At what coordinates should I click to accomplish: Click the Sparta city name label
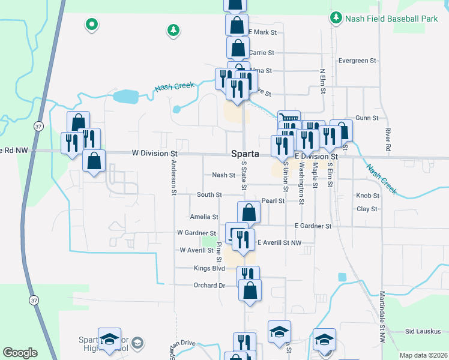click(245, 154)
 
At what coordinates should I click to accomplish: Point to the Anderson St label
click(173, 178)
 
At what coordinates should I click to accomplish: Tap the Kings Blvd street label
click(209, 268)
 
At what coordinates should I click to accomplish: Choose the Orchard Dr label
click(209, 285)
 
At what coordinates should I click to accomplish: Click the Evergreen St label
click(357, 61)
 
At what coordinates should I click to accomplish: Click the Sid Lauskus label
click(423, 331)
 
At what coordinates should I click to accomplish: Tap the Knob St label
click(367, 196)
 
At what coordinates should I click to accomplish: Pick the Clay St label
click(366, 209)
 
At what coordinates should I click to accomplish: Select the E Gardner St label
click(313, 226)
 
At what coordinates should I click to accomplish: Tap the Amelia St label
click(203, 217)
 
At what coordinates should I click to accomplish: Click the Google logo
click(20, 353)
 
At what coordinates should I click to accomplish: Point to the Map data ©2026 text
click(423, 355)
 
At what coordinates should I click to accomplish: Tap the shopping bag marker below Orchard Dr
click(250, 290)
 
